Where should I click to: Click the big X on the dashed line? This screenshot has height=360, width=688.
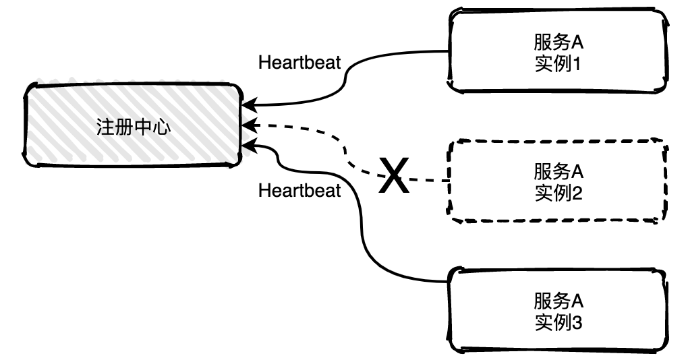click(394, 177)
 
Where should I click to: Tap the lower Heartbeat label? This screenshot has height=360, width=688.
click(299, 191)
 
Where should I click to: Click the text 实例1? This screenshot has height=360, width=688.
click(557, 65)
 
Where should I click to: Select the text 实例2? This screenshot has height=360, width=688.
click(557, 194)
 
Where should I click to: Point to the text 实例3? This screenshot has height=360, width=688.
click(557, 324)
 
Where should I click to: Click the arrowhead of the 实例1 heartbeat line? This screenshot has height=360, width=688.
click(248, 106)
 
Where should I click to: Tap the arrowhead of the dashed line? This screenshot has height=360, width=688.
click(248, 125)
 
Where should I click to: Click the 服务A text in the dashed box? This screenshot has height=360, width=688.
click(557, 169)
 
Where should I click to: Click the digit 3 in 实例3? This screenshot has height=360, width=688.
click(576, 324)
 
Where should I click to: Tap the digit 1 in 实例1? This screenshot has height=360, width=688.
click(576, 65)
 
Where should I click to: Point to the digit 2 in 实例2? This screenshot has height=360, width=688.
click(576, 194)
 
